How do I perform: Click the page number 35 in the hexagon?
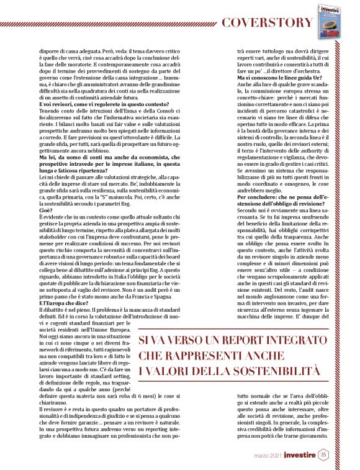coord(324,455)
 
